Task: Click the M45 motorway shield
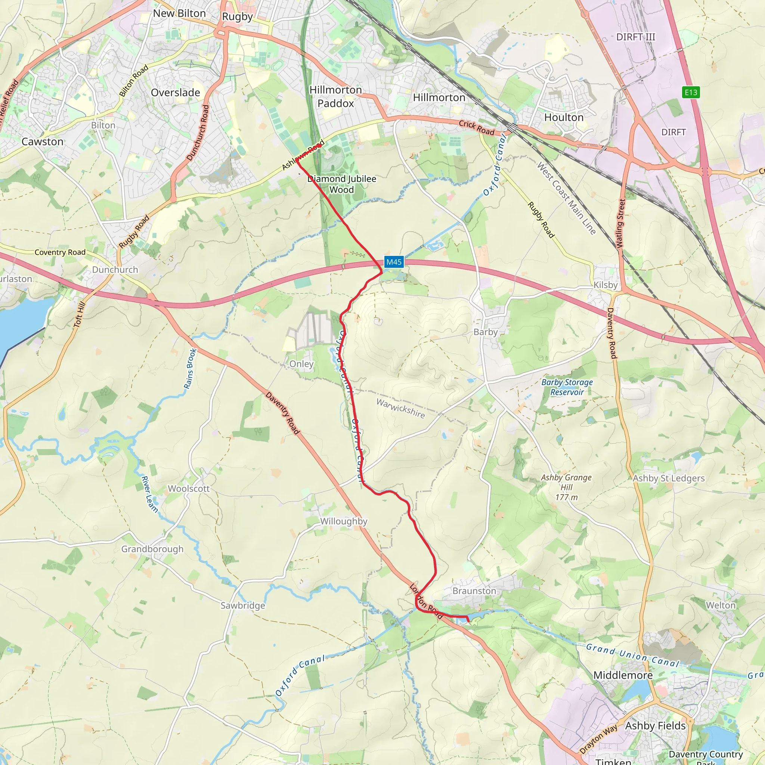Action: tap(394, 262)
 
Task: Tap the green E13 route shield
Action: tap(691, 92)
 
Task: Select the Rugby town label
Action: tap(237, 17)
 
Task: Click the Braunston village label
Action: tap(474, 591)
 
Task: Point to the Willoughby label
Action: tap(344, 521)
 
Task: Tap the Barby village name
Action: tap(486, 332)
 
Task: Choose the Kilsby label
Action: tap(606, 285)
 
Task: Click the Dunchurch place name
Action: tap(115, 270)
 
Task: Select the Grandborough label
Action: tap(152, 549)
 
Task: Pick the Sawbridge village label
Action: tap(243, 606)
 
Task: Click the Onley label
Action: tap(301, 363)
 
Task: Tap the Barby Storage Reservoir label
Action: tap(567, 387)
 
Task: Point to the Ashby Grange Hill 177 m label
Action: tap(566, 487)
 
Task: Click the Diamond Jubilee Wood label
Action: tap(342, 184)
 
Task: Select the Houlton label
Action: tap(564, 117)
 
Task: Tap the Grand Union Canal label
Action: tap(632, 655)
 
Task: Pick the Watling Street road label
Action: tap(620, 224)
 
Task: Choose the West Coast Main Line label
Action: tap(566, 198)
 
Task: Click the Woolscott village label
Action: tap(189, 488)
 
